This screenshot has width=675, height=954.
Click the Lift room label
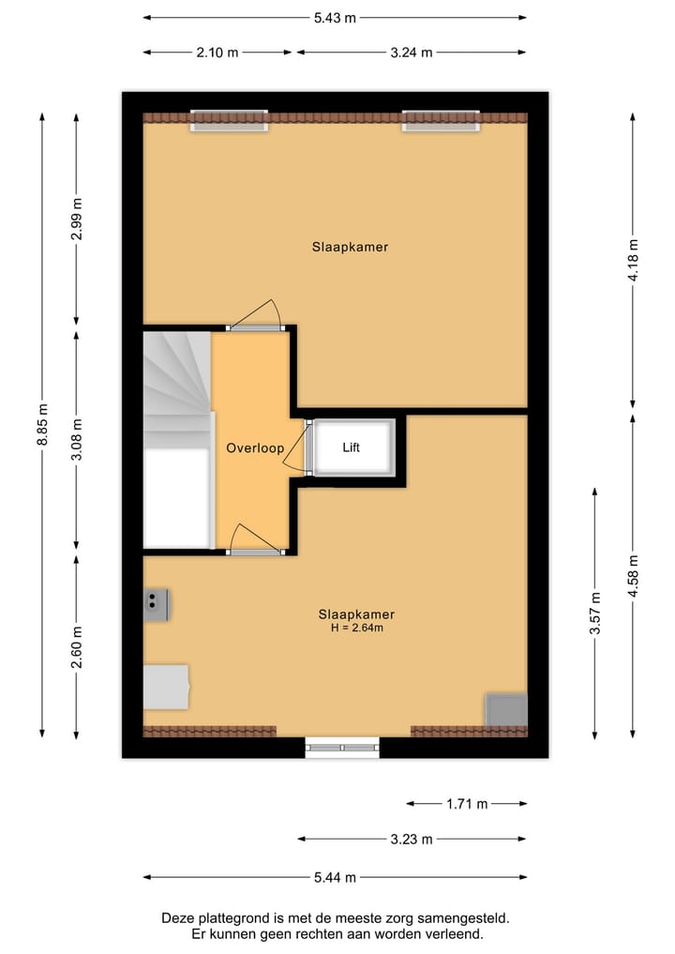click(351, 447)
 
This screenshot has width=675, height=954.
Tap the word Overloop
click(255, 448)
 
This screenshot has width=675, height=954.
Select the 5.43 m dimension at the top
click(335, 17)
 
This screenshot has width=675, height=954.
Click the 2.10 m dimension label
click(217, 53)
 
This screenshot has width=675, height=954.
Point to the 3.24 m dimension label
click(411, 53)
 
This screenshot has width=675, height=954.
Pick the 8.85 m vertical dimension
click(42, 427)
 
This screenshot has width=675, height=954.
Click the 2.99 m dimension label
click(77, 220)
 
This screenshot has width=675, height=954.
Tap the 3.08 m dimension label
click(77, 438)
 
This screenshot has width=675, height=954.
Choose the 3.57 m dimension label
click(595, 613)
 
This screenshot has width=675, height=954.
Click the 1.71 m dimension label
click(466, 804)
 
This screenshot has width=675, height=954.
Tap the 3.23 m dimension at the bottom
click(411, 840)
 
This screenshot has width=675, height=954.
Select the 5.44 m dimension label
click(335, 877)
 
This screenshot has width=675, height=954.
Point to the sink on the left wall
click(156, 603)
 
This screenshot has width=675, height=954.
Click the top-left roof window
click(230, 120)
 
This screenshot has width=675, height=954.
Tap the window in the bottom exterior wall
click(342, 747)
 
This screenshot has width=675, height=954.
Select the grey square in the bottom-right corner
click(505, 709)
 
